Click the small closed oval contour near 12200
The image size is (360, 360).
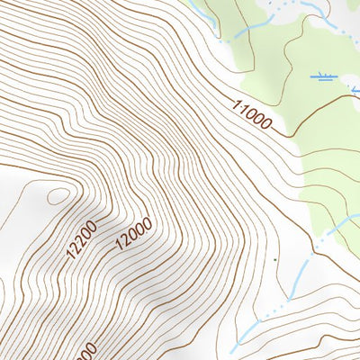point(57,195)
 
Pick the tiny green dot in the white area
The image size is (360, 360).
point(274,260)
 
